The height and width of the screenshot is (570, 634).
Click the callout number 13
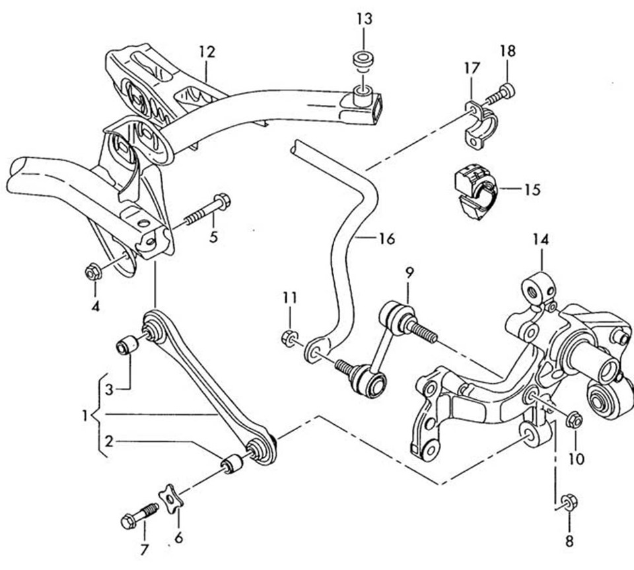click(365, 19)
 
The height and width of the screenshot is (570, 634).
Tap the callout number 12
click(207, 52)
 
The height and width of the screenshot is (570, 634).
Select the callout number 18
click(508, 51)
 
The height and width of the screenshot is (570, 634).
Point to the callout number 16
click(387, 238)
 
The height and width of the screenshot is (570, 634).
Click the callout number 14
click(541, 239)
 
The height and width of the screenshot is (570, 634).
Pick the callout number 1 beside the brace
click(85, 415)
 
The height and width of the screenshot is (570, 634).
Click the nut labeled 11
click(289, 337)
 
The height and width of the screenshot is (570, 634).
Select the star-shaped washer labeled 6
click(170, 498)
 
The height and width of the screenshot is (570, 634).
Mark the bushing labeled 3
click(127, 344)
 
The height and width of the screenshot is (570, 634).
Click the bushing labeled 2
click(232, 463)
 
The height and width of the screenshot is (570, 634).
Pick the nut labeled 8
click(569, 502)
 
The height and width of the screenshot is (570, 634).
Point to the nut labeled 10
click(574, 420)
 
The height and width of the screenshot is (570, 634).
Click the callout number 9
click(409, 273)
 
